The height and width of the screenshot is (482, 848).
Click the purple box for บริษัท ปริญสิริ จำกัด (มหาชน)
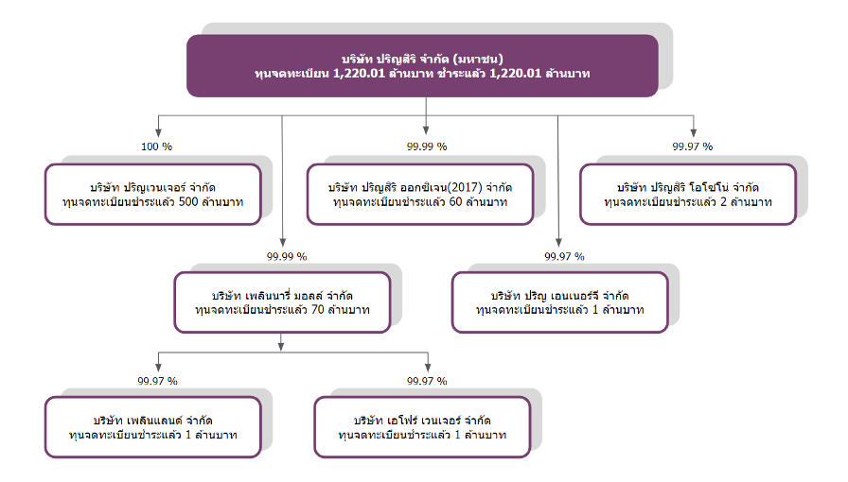pos(422,66)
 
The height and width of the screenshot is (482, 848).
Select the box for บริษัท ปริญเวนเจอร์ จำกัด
pos(153,195)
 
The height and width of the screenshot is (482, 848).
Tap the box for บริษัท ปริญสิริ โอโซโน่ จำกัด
pos(688,195)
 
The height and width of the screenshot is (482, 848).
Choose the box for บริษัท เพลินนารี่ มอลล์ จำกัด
pos(282,302)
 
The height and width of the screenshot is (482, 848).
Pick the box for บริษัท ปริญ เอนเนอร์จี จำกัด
pos(560,302)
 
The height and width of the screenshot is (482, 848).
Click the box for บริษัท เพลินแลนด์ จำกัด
pos(153,427)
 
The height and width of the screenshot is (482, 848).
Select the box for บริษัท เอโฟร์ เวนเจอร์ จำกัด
pos(422,427)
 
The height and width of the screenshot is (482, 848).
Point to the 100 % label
pos(157,146)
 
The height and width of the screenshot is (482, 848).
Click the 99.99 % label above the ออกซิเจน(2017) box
pos(427,146)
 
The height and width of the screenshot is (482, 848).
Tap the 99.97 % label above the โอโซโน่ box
pos(693,146)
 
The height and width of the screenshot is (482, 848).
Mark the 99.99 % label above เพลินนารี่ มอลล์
pos(287,257)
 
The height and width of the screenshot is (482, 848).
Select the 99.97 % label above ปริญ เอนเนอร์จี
pos(565,257)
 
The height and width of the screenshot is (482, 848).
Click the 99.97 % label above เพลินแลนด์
pos(157,381)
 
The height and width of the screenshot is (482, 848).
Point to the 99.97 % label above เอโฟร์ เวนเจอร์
pos(427,381)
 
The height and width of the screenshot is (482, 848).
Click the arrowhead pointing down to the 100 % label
pos(158,133)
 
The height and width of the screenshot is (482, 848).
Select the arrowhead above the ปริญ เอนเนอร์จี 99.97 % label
pos(558,243)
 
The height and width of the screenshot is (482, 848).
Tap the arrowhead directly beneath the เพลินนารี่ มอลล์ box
pos(281,346)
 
